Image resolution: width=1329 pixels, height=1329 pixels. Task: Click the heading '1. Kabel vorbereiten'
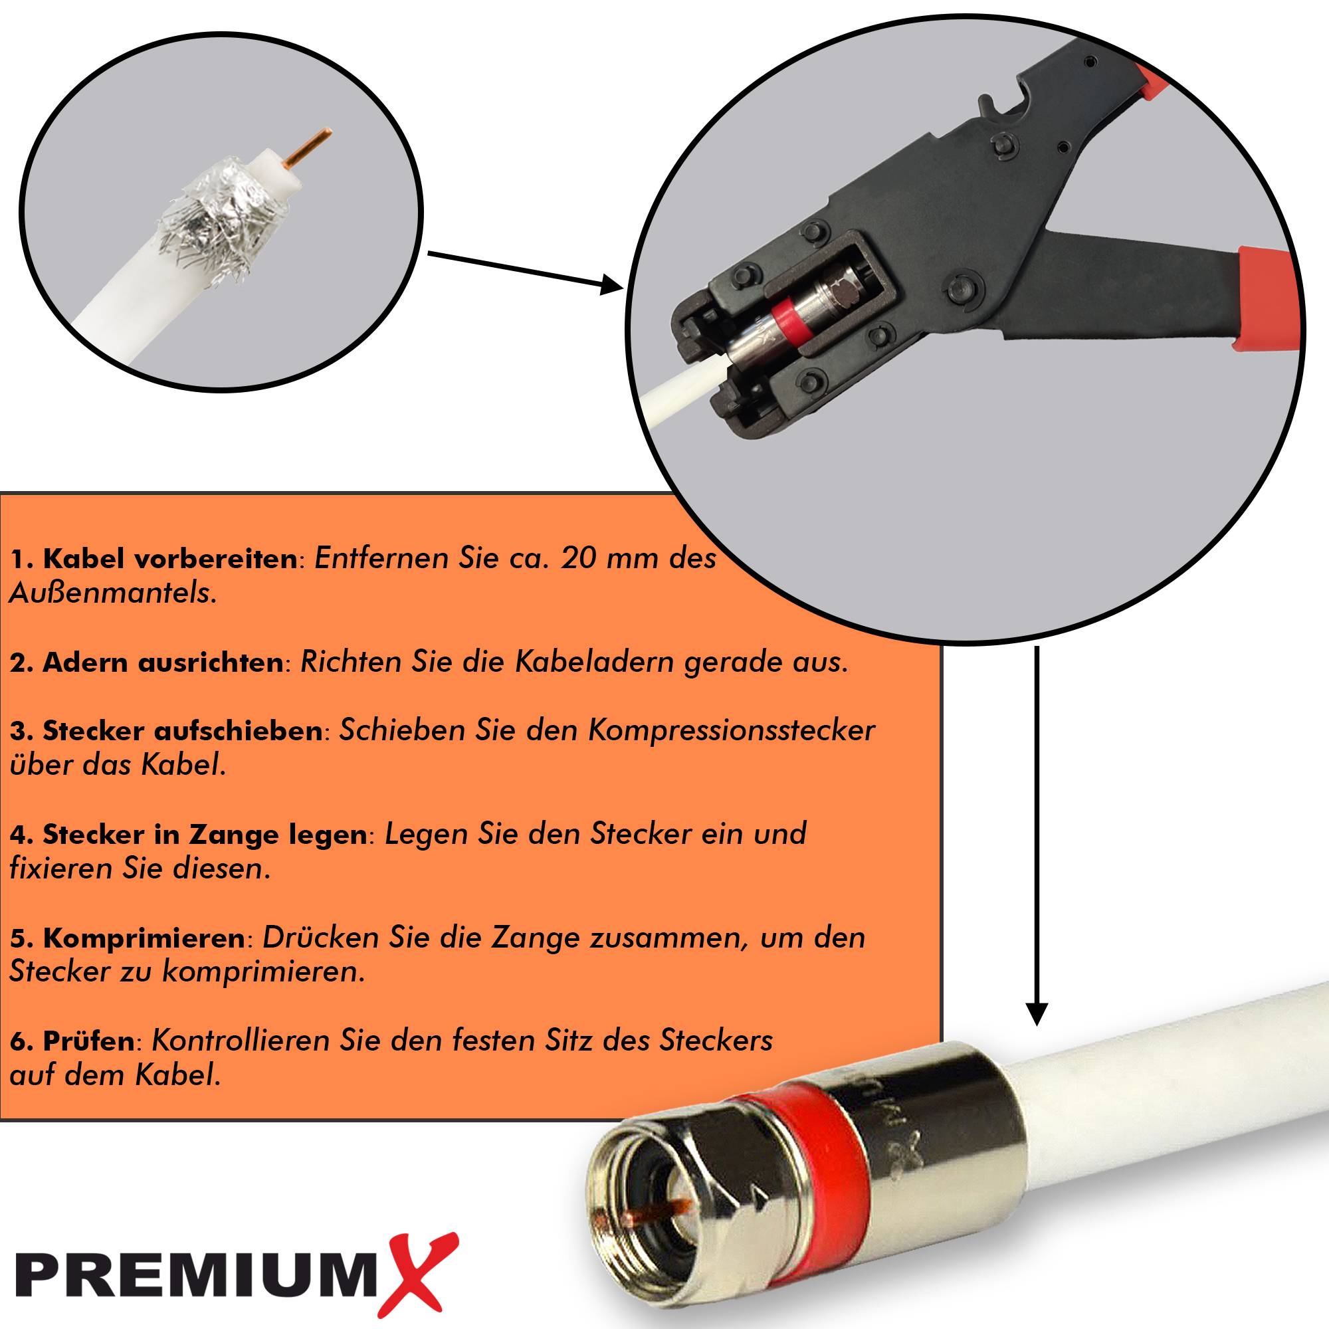point(153,559)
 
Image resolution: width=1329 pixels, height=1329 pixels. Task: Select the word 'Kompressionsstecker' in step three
point(731,730)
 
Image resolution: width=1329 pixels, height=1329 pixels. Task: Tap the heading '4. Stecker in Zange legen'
point(188,835)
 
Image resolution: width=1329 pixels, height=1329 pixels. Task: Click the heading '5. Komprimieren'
point(128,938)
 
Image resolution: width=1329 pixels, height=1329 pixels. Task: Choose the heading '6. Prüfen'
point(72,1041)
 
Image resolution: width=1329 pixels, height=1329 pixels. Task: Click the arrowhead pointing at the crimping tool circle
point(611,284)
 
